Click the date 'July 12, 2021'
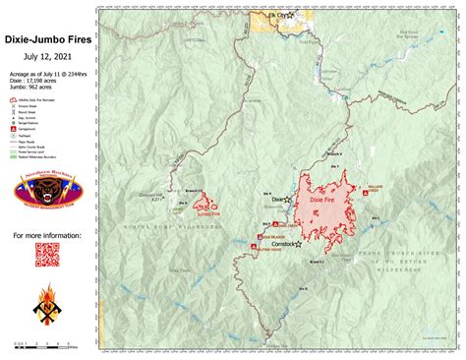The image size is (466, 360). (x=47, y=55)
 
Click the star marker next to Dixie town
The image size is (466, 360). (x=287, y=201)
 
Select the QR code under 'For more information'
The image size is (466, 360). (x=47, y=254)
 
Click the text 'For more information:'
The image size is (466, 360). (x=47, y=236)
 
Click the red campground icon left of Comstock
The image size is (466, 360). (x=260, y=238)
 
